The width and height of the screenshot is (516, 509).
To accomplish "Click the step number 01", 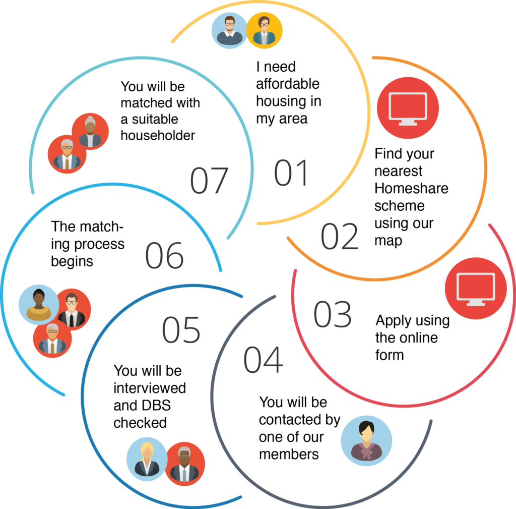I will pyautogui.click(x=291, y=173).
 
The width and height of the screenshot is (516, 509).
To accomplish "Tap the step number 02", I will pyautogui.click(x=340, y=236).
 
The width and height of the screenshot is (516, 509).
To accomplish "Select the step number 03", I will pyautogui.click(x=332, y=314).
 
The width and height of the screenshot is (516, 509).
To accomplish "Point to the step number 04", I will pyautogui.click(x=263, y=359).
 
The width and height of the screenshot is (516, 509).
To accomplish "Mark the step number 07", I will pyautogui.click(x=209, y=180).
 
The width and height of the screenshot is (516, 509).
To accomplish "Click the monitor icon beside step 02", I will pyautogui.click(x=408, y=108).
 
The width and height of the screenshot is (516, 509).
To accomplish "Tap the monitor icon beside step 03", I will pyautogui.click(x=475, y=289).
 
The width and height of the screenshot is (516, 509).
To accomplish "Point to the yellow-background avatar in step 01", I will pyautogui.click(x=264, y=30).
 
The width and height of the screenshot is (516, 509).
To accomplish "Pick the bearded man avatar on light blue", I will pyautogui.click(x=229, y=30).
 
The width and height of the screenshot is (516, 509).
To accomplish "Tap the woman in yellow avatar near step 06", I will pyautogui.click(x=39, y=303).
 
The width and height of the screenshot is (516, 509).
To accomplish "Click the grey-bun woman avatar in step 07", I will pyautogui.click(x=90, y=131).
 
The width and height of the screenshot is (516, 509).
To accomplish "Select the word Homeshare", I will pyautogui.click(x=411, y=189).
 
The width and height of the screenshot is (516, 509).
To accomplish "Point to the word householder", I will pyautogui.click(x=158, y=136).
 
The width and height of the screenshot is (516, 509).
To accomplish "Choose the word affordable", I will pyautogui.click(x=287, y=84).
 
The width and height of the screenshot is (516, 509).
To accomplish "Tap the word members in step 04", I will pyautogui.click(x=289, y=454).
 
